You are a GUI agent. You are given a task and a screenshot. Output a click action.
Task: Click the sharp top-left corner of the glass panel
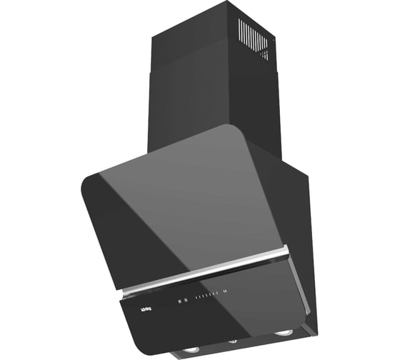(81, 180)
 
